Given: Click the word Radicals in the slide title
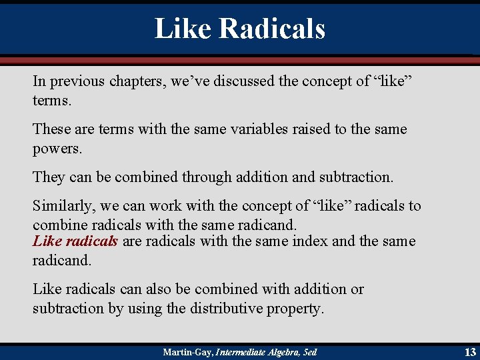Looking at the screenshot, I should pos(272,29).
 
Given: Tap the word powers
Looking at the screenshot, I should pos(57,148).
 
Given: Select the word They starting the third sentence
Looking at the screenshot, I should pos(49,177).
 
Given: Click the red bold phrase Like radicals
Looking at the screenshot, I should pos(75,241).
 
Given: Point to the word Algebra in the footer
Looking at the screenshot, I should pos(279,351).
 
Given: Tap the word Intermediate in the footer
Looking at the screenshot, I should pos(239,351).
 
